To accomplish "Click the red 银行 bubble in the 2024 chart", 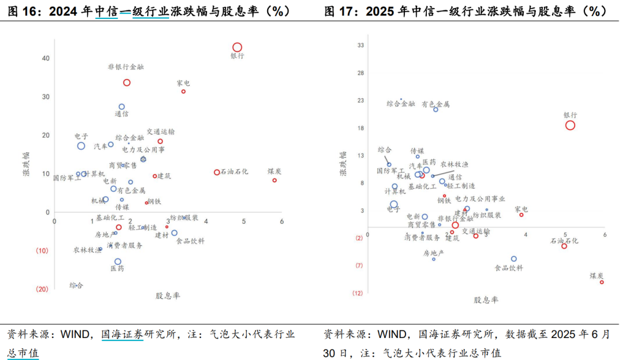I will [x=237, y=47].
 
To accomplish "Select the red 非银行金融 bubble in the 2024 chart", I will [x=127, y=82].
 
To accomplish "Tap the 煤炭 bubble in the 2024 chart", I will [x=275, y=180].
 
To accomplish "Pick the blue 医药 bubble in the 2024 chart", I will [x=118, y=261].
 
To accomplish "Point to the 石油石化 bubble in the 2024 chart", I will [x=217, y=172].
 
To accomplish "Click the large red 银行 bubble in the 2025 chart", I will [x=570, y=125].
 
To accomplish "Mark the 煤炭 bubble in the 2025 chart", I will [x=602, y=282].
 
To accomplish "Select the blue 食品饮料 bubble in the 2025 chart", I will [x=514, y=259].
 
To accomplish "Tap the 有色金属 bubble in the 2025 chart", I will [x=436, y=109].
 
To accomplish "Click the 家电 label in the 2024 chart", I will [x=183, y=83].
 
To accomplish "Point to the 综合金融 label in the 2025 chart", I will [x=400, y=104].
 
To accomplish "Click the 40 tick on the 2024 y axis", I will [x=45, y=58].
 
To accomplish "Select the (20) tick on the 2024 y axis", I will [x=42, y=289].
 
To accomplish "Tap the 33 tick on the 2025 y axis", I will [x=361, y=45].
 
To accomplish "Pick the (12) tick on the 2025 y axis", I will [x=358, y=293].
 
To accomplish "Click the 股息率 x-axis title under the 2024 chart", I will [x=167, y=295].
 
